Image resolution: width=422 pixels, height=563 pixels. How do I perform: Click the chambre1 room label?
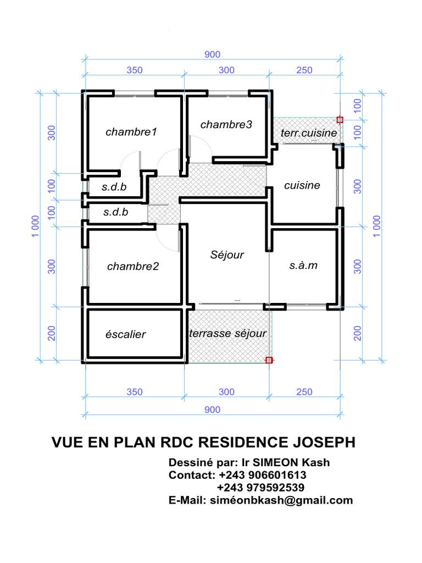pyautogui.click(x=131, y=132)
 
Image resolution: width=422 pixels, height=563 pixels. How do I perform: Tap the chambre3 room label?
pyautogui.click(x=226, y=125)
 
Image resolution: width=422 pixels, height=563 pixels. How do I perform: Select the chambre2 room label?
pyautogui.click(x=133, y=266)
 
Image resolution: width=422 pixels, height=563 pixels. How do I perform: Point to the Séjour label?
pyautogui.click(x=227, y=255)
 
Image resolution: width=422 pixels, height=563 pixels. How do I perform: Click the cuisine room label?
pyautogui.click(x=302, y=185)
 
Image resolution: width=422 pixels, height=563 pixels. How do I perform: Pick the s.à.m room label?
pyautogui.click(x=303, y=266)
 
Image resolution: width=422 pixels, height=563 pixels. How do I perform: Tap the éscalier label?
pyautogui.click(x=126, y=334)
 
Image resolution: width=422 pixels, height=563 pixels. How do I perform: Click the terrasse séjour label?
pyautogui.click(x=228, y=333)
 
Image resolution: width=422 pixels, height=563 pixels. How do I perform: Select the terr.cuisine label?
pyautogui.click(x=309, y=133)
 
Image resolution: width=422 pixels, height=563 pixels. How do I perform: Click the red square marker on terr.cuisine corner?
pyautogui.click(x=340, y=120)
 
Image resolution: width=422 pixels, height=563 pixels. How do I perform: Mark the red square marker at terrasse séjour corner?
pyautogui.click(x=269, y=360)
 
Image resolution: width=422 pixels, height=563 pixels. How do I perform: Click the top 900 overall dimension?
pyautogui.click(x=213, y=54)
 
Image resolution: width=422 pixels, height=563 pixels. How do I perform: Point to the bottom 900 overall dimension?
pyautogui.click(x=213, y=410)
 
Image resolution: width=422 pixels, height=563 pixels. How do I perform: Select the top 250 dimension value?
pyautogui.click(x=304, y=70)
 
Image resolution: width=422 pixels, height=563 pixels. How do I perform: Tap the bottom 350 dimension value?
pyautogui.click(x=135, y=391)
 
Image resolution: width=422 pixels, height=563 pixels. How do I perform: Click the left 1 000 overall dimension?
pyautogui.click(x=35, y=226)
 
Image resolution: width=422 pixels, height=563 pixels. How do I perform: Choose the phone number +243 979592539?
pyautogui.click(x=261, y=488)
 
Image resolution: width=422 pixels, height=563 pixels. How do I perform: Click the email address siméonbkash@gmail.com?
pyautogui.click(x=281, y=500)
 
